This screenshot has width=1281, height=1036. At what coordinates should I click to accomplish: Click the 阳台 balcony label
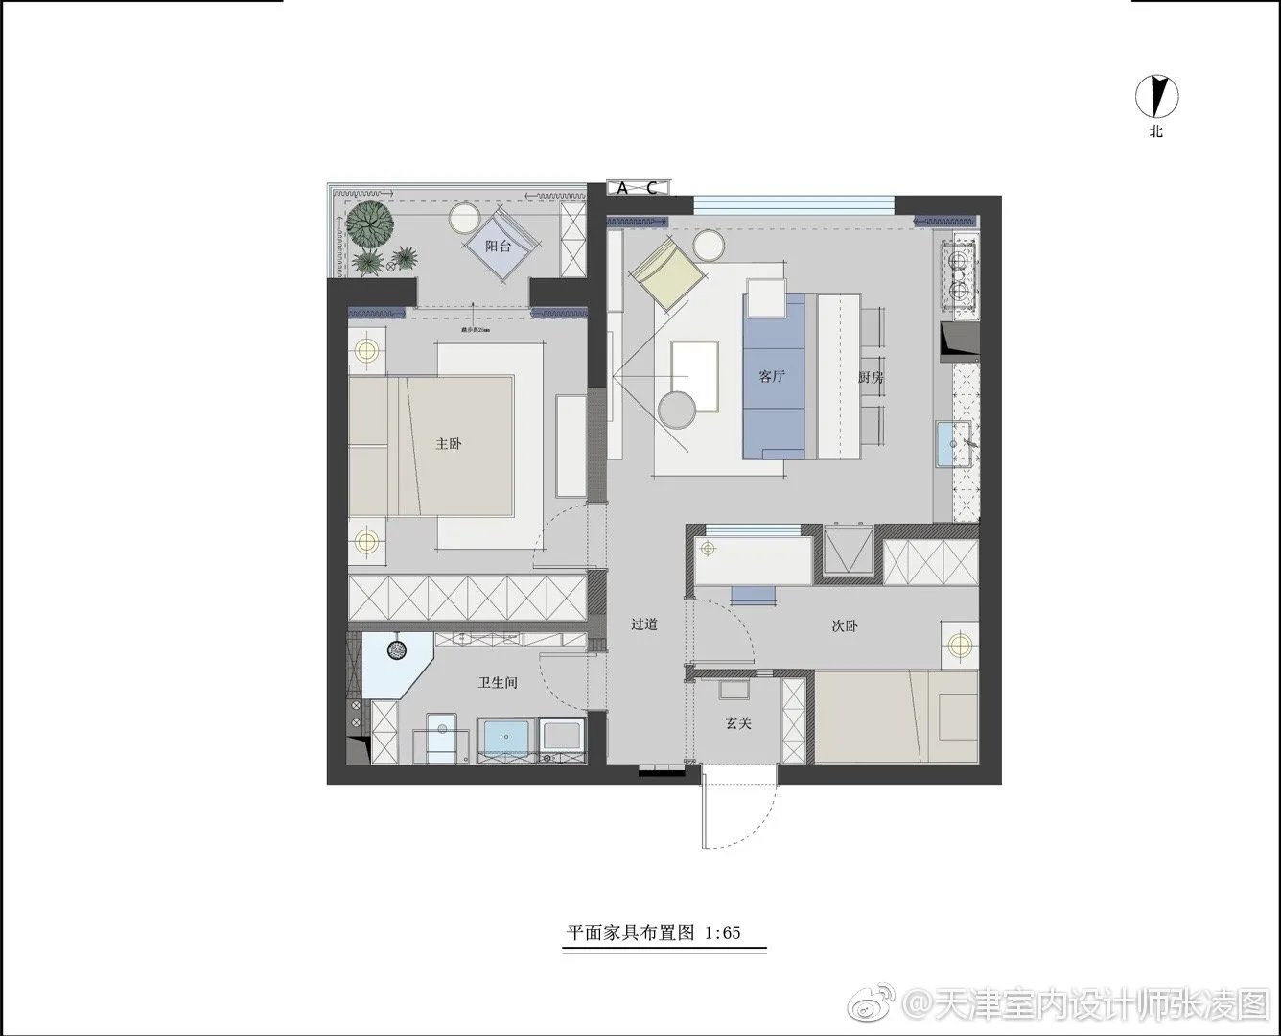[498, 247]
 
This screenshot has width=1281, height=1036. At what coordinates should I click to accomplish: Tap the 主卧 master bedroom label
[449, 444]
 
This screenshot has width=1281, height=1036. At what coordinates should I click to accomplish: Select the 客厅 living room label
[771, 377]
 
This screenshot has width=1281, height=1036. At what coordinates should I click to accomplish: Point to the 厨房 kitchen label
[870, 378]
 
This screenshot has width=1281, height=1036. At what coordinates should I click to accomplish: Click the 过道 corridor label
[644, 624]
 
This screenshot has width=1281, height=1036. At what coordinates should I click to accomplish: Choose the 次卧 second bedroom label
[844, 626]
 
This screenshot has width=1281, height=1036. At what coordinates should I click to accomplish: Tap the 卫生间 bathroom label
[498, 683]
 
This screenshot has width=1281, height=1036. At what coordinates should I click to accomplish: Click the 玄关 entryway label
[737, 723]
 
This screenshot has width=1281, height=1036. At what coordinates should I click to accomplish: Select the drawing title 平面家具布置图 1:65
[654, 931]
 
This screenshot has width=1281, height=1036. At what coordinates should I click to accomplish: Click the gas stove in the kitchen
[959, 270]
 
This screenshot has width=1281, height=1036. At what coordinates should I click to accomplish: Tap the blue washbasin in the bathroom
[505, 739]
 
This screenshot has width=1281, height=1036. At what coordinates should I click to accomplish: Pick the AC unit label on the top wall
[637, 188]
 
